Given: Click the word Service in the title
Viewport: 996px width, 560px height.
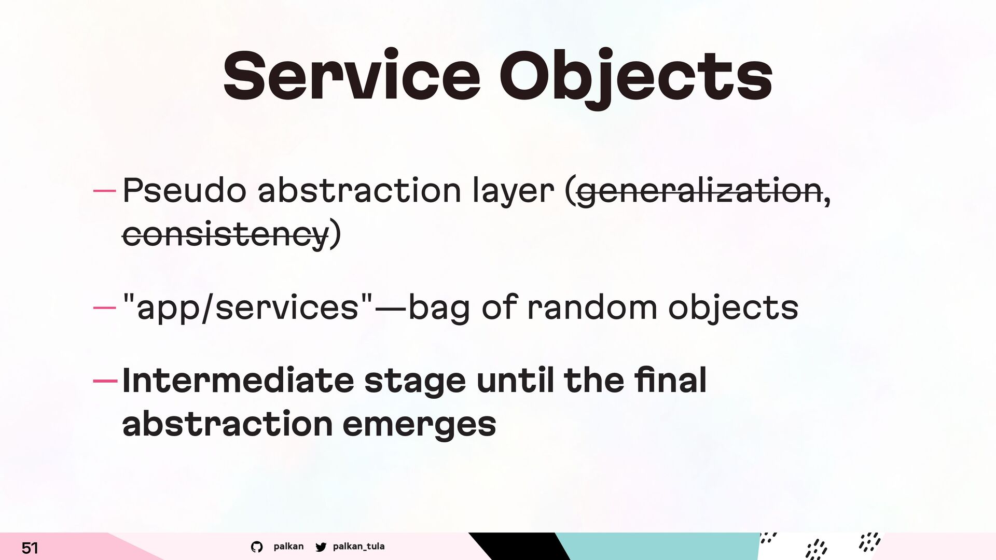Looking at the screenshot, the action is pos(352,76).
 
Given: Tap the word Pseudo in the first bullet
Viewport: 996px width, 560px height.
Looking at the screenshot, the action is pos(184,190).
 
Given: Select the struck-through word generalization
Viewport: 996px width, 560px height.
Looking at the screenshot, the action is pos(699,191).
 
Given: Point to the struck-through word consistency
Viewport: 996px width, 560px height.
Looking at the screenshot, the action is pos(226,235).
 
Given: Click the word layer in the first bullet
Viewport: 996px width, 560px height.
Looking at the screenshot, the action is pos(513,191).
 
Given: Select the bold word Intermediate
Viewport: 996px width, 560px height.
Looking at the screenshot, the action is pos(238,380).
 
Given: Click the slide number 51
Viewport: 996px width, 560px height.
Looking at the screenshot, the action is pos(30,548).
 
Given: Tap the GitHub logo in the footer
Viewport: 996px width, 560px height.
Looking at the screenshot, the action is pos(257,547).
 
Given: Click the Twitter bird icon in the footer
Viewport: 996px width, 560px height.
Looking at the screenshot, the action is pos(321,547).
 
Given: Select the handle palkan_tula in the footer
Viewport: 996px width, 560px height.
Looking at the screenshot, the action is pos(358,546).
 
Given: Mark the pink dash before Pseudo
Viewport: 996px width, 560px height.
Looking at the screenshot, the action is pos(104,191).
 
